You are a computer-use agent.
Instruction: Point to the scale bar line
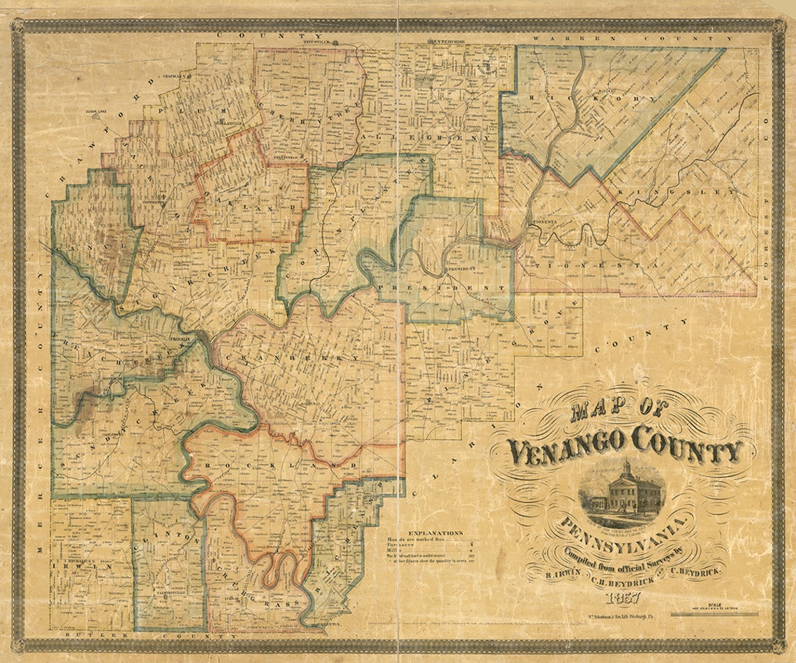(713, 615)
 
